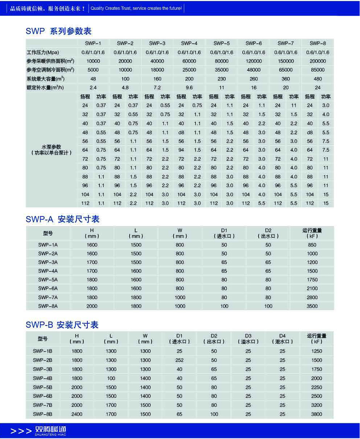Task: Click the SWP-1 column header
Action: pos(93,43)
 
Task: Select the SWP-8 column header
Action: pos(318,43)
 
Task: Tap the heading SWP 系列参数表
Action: pos(58,31)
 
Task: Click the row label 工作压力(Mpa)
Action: pos(43,52)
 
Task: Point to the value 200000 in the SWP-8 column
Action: pos(318,61)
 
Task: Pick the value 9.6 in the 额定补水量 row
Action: pos(189,87)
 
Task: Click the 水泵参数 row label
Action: pos(51,149)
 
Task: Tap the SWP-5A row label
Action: pos(48,280)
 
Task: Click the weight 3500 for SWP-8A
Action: pos(312,306)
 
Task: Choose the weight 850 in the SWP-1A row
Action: pos(312,245)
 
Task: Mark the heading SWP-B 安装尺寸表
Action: pos(62,325)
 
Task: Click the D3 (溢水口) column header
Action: pos(248,338)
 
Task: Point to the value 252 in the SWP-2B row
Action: pos(179,360)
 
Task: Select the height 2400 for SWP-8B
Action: pos(77,414)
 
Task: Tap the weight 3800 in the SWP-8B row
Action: pos(317,414)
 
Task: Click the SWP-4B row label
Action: pos(43,378)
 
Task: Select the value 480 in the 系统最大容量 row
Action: pos(318,79)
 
